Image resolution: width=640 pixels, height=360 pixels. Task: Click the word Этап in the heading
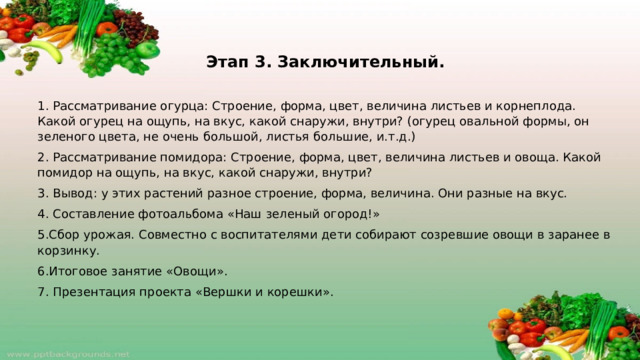coord(227,62)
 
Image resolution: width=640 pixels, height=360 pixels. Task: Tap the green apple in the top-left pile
coord(147,48)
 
